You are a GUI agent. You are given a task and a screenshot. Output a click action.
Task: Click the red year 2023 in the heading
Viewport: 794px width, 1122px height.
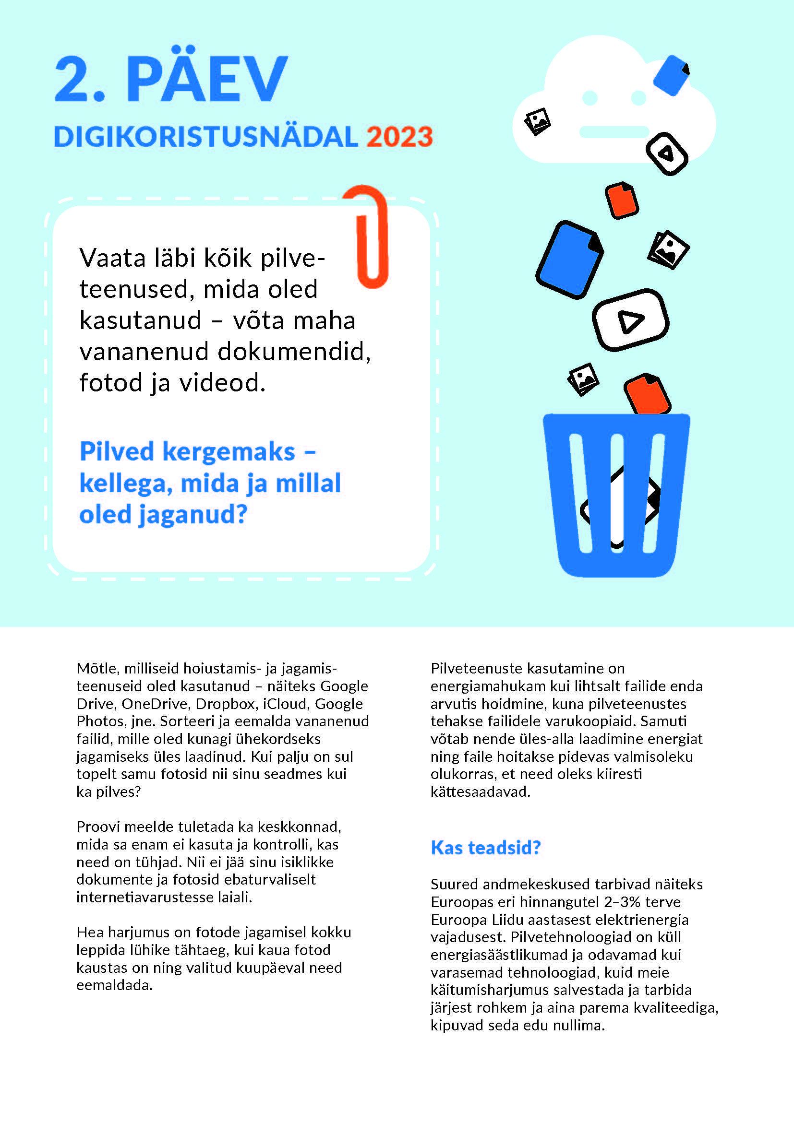(x=399, y=137)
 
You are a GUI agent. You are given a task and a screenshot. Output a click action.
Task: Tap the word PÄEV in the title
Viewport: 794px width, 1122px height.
(x=207, y=78)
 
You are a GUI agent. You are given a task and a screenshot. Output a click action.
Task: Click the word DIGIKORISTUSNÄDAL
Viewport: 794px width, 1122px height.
(x=206, y=137)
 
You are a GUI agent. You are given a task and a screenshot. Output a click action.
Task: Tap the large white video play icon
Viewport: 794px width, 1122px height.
(x=630, y=320)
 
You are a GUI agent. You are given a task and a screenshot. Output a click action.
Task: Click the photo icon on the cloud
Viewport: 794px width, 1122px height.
(x=537, y=121)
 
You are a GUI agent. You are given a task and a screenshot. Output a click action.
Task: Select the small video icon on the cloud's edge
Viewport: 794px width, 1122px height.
(x=667, y=154)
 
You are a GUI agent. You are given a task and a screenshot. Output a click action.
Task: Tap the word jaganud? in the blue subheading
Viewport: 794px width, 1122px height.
(x=192, y=515)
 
